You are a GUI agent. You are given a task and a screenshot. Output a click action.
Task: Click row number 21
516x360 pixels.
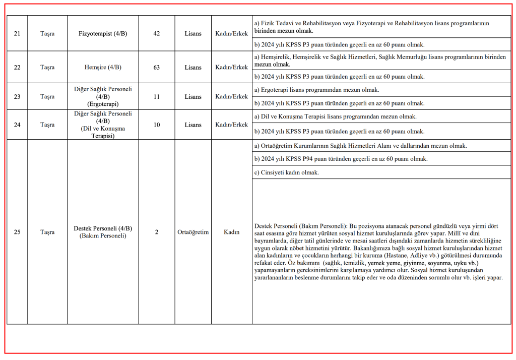pos(17,34)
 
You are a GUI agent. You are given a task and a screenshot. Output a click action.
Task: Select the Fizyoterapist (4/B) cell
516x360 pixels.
pos(103,34)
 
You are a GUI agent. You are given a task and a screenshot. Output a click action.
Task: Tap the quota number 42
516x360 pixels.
pos(156,34)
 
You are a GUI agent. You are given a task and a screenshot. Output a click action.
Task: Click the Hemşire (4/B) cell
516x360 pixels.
pos(103,67)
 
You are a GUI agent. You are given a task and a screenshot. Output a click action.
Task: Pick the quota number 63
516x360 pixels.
pos(156,67)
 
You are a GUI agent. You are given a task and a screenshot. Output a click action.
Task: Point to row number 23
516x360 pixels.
pos(17,96)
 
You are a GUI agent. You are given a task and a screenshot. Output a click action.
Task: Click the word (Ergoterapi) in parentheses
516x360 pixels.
pos(103,104)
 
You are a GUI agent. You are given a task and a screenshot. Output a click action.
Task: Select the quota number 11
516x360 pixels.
pos(156,96)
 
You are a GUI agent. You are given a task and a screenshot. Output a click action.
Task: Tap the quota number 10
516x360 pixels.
pos(156,125)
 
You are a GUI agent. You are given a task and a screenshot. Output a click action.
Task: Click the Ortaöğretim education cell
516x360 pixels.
pos(193,232)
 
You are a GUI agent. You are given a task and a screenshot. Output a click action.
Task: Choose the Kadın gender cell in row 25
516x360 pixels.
pos(232,232)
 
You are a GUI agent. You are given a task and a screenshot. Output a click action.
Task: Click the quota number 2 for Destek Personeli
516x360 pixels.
pos(156,232)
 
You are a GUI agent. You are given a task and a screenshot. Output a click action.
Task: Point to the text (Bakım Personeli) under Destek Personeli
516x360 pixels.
pos(103,236)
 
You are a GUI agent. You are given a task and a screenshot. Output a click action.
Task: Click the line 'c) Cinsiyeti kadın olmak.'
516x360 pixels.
pos(290,172)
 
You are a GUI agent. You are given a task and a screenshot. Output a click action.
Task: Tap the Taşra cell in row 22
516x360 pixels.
pos(47,67)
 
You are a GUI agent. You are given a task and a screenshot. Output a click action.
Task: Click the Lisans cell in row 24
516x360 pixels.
pos(193,125)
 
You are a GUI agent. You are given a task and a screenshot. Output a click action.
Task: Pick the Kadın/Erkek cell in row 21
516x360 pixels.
pos(232,34)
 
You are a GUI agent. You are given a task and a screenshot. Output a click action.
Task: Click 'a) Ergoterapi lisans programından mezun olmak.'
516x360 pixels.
pos(316,90)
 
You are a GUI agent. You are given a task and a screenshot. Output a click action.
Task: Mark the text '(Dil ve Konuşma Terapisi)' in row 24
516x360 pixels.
pos(103,132)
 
